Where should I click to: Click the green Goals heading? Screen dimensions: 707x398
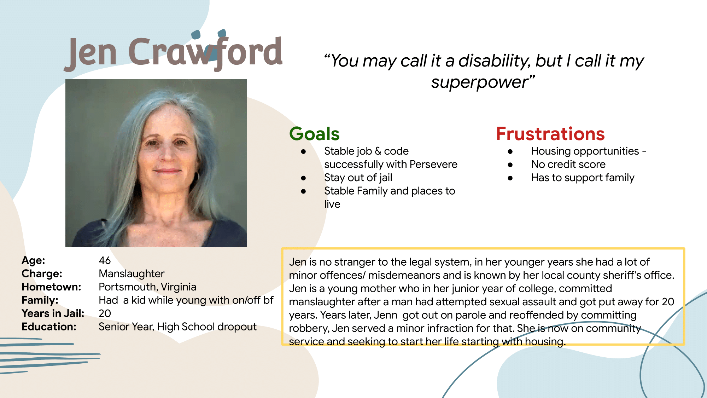tap(314, 134)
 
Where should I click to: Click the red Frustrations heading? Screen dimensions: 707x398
tap(550, 134)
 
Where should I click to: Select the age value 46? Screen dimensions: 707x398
tap(105, 260)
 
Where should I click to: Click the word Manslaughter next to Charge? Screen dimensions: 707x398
tap(132, 273)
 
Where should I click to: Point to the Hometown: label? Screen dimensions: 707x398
tap(51, 287)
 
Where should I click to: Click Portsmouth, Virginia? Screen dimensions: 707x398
tap(147, 287)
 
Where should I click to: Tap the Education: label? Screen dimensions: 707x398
tap(49, 327)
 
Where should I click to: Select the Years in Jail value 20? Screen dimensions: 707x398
tap(105, 313)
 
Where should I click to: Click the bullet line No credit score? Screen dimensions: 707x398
tap(568, 164)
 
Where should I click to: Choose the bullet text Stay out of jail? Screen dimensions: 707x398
tap(358, 178)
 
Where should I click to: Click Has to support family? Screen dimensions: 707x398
tap(583, 178)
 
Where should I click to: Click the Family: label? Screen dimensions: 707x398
tap(40, 300)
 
